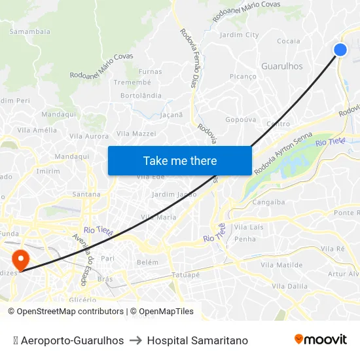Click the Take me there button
point(180,161)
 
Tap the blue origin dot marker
point(340,50)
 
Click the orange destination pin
point(21,260)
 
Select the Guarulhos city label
point(282,66)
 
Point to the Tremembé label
point(132,82)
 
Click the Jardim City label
point(240,35)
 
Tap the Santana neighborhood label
point(86,194)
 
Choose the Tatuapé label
point(185,275)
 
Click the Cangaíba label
point(268,202)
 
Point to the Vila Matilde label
point(281,265)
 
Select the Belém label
point(147,262)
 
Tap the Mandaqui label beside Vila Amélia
point(59,114)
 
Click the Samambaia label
point(30,31)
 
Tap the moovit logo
point(320,339)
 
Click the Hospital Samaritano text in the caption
point(198,340)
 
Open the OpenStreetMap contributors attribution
point(70,312)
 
